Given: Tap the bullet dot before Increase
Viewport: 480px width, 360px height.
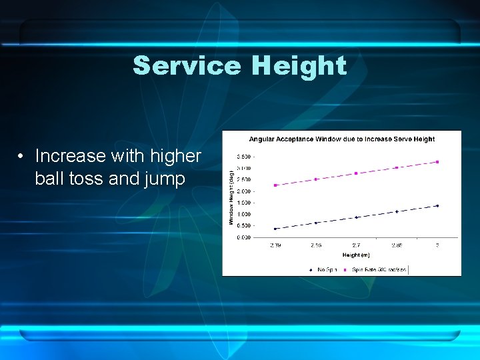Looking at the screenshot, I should pyautogui.click(x=22, y=156).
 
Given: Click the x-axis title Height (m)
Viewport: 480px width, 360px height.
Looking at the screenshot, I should pyautogui.click(x=355, y=255).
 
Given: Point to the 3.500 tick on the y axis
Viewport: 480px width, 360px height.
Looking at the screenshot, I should pyautogui.click(x=243, y=157).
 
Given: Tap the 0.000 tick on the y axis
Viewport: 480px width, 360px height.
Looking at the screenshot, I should pyautogui.click(x=243, y=237).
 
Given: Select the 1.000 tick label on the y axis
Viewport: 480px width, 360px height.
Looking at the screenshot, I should pyautogui.click(x=243, y=214).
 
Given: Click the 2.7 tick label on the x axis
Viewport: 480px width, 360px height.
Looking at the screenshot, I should pyautogui.click(x=357, y=245).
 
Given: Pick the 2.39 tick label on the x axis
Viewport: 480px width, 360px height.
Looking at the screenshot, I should pyautogui.click(x=275, y=245).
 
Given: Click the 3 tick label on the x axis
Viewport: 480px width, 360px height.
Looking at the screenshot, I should pyautogui.click(x=437, y=245).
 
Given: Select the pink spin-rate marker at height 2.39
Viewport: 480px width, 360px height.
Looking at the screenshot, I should pyautogui.click(x=275, y=185).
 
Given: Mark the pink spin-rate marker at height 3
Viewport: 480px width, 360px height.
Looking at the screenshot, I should pyautogui.click(x=437, y=161).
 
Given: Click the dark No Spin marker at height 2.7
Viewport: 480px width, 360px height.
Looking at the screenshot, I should pyautogui.click(x=357, y=217).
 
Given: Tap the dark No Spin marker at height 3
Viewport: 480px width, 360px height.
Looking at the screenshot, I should pyautogui.click(x=437, y=205).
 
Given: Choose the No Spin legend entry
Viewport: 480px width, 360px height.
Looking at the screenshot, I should pyautogui.click(x=323, y=269).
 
